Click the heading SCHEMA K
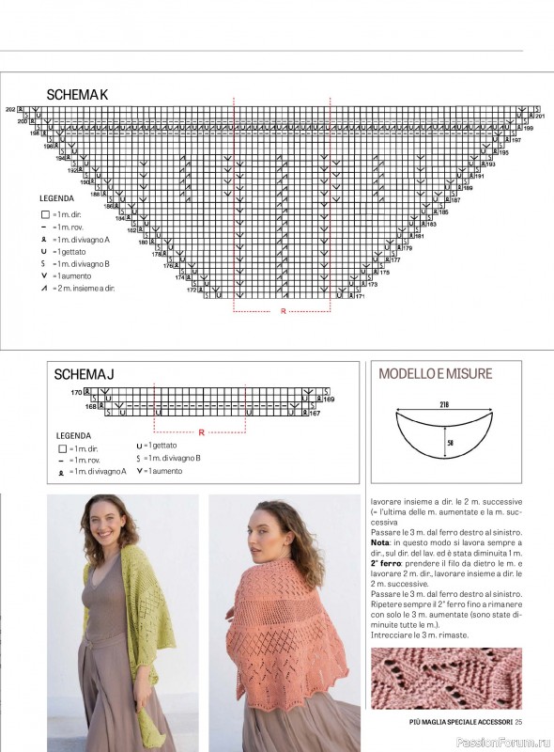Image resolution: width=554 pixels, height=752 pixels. coord(78,94)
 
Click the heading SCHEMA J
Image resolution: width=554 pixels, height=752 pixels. coord(84,374)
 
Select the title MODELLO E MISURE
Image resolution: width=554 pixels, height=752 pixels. coord(435,373)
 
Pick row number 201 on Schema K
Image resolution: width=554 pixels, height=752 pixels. coord(540,116)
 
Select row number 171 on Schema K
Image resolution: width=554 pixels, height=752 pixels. coord(360,296)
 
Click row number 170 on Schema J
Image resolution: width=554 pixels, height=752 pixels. coord(76,391)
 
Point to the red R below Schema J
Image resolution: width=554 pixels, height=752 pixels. coord(202,431)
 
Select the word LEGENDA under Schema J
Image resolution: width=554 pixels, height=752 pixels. coord(73,436)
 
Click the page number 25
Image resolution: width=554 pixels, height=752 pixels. coord(517,721)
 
